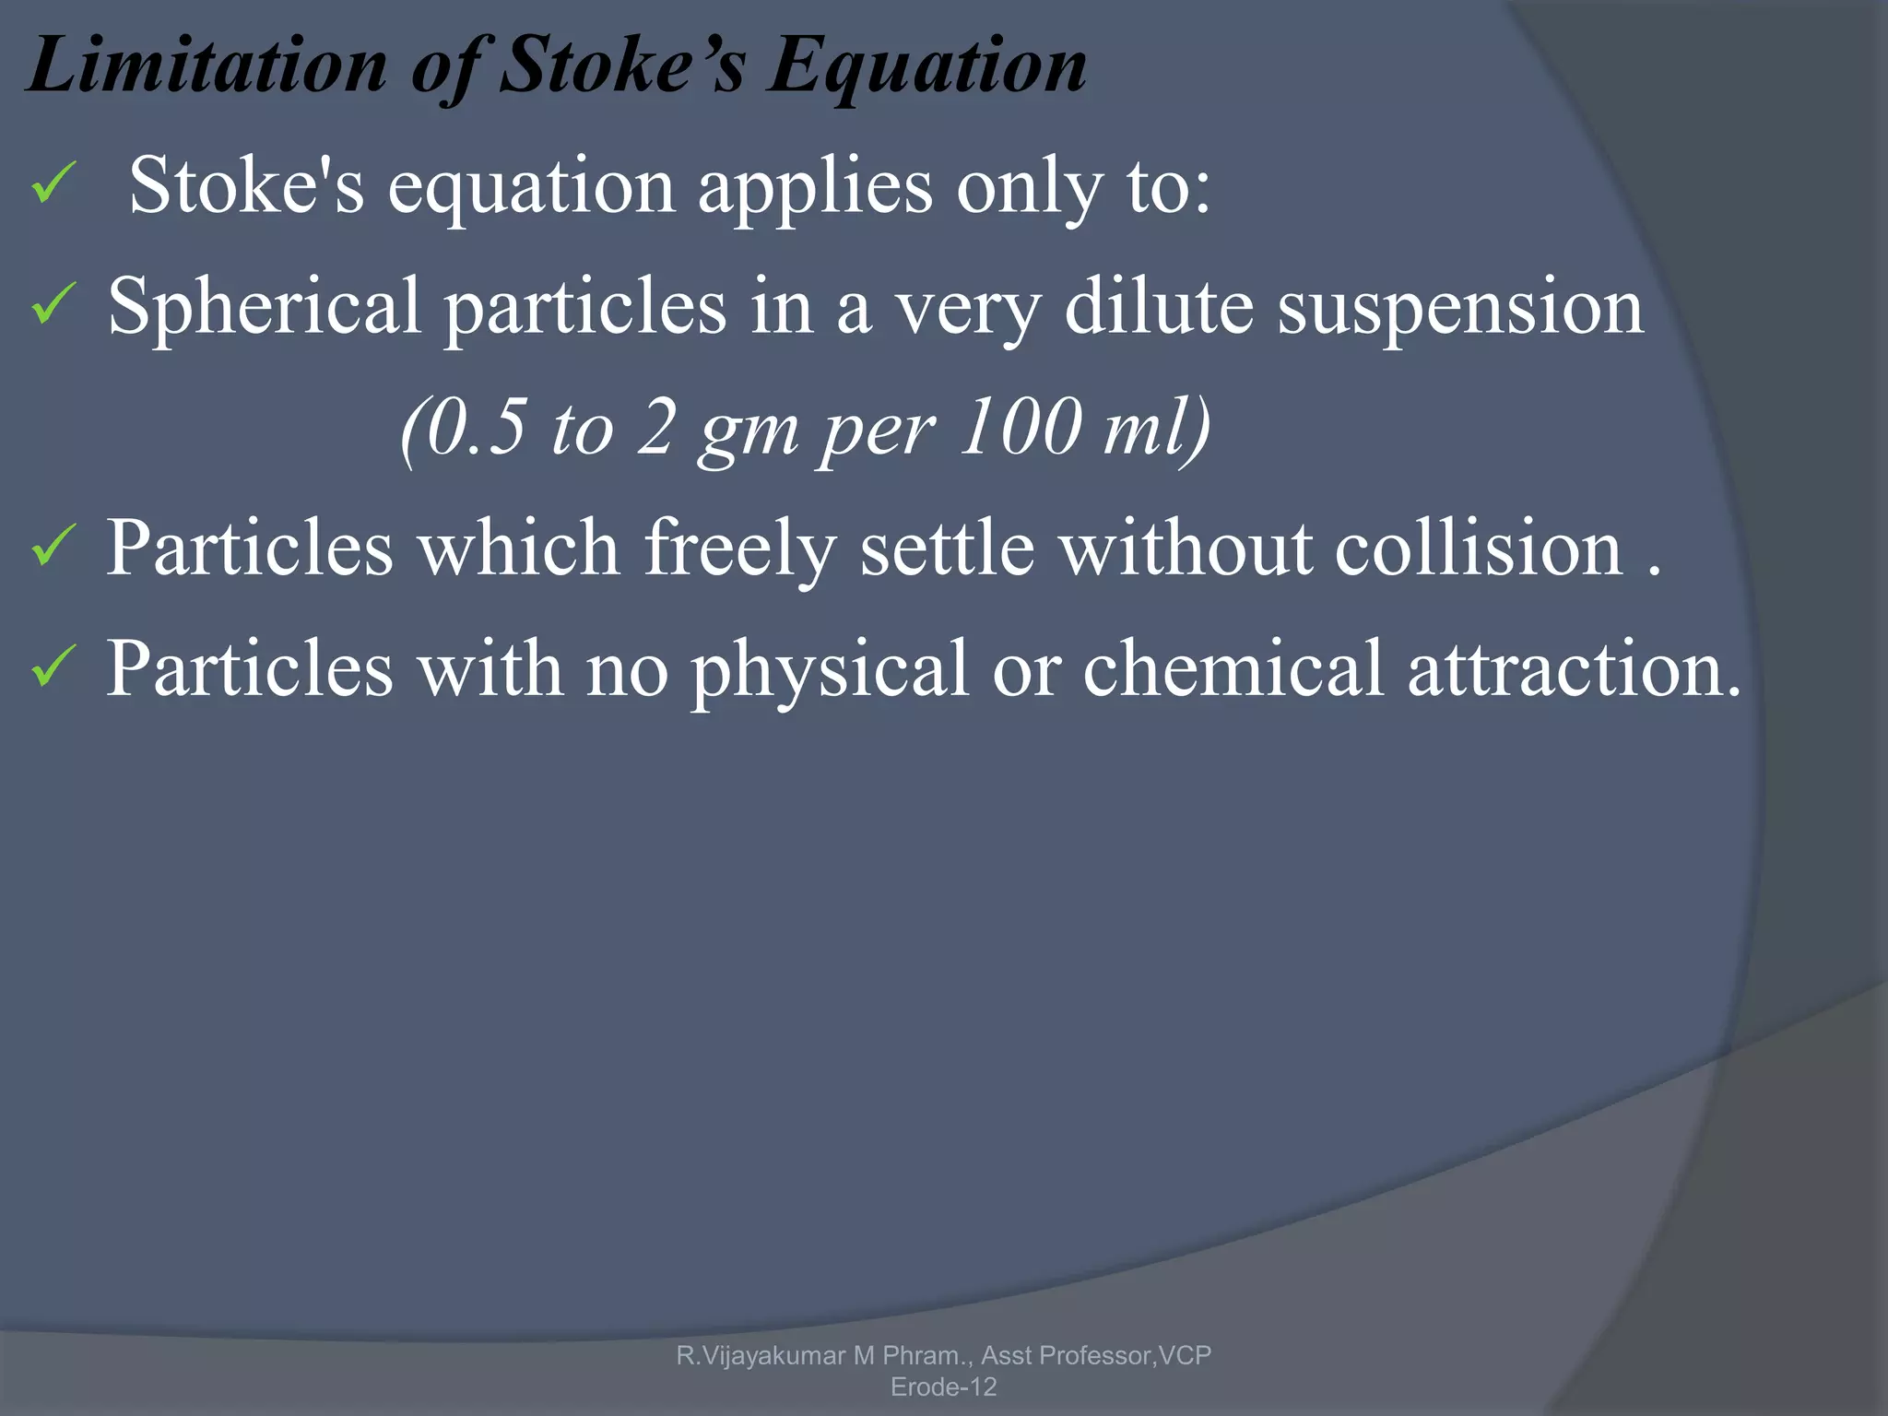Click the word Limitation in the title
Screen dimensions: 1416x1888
pyautogui.click(x=208, y=66)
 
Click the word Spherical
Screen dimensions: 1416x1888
pyautogui.click(x=265, y=308)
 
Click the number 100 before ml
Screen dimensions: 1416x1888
pyautogui.click(x=1021, y=426)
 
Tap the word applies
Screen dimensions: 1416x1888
pyautogui.click(x=815, y=188)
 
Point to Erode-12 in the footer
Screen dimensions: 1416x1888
pyautogui.click(x=944, y=1386)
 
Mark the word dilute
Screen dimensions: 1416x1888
pyautogui.click(x=1159, y=306)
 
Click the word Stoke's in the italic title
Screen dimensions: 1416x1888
pyautogui.click(x=620, y=66)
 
